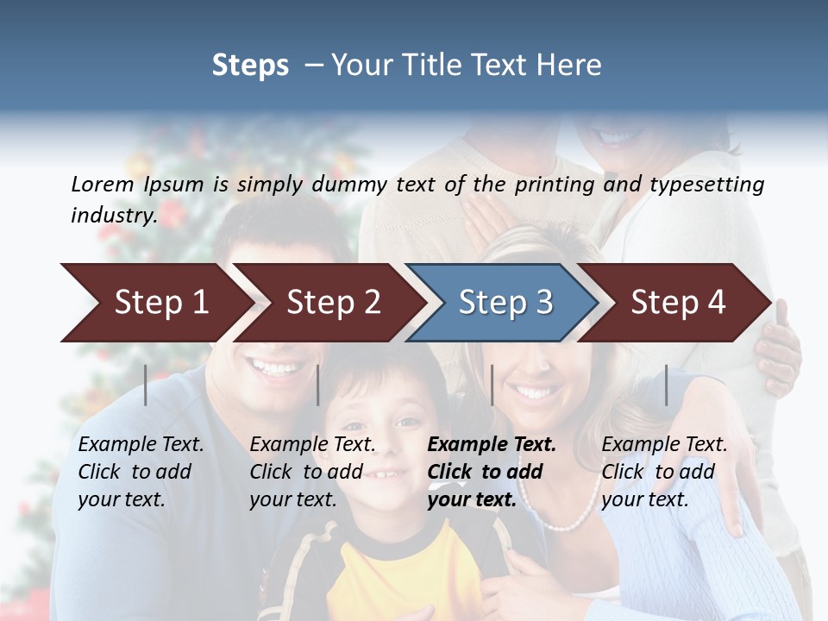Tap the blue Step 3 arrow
click(505, 302)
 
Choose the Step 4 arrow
click(678, 302)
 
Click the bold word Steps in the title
click(250, 66)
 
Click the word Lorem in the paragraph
click(102, 184)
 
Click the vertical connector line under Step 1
click(146, 385)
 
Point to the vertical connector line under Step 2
click(318, 385)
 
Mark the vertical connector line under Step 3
click(492, 385)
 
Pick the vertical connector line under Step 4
click(666, 385)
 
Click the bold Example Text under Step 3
click(492, 445)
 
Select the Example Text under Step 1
click(141, 445)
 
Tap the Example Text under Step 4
click(664, 445)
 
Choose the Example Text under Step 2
click(312, 445)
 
